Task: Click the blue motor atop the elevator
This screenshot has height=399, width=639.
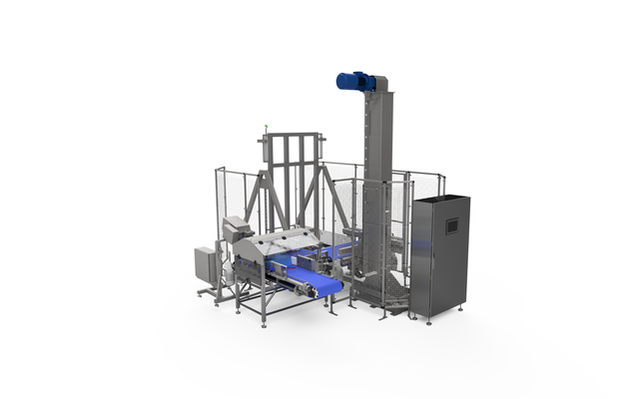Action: tap(353, 82)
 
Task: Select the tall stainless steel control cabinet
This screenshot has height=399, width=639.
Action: tap(439, 257)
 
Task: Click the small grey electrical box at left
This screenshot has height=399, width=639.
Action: tap(206, 264)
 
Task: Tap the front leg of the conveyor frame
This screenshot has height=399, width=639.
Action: tap(263, 309)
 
